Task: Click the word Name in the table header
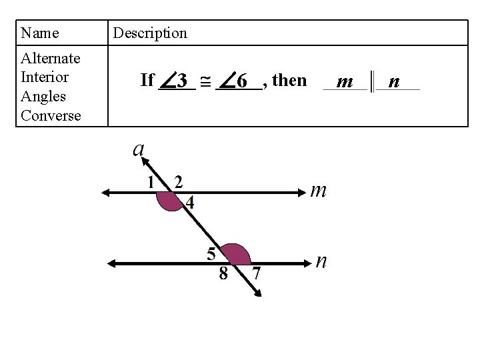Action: pyautogui.click(x=40, y=33)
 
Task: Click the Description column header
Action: pyautogui.click(x=150, y=33)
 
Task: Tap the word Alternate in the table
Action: pyautogui.click(x=51, y=58)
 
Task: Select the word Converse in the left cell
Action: pyautogui.click(x=51, y=115)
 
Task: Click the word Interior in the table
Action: pyautogui.click(x=45, y=77)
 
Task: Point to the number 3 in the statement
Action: pyautogui.click(x=181, y=81)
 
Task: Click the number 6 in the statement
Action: pyautogui.click(x=243, y=81)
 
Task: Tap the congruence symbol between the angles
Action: pyautogui.click(x=205, y=82)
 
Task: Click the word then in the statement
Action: pyautogui.click(x=290, y=81)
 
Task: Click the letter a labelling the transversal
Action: pyautogui.click(x=139, y=148)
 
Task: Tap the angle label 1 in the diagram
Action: pyautogui.click(x=152, y=182)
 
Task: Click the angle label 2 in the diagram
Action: pyautogui.click(x=178, y=181)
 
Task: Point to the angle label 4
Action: pyautogui.click(x=191, y=203)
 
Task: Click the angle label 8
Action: pyautogui.click(x=223, y=273)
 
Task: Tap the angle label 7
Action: pyautogui.click(x=256, y=273)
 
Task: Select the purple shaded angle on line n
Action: pyautogui.click(x=236, y=255)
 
